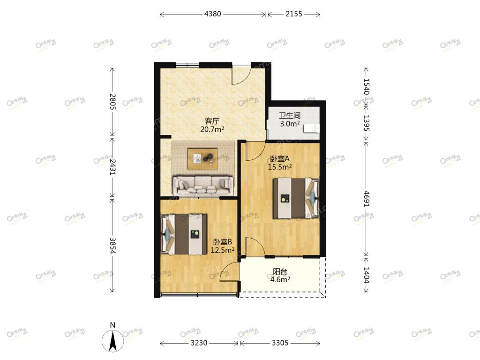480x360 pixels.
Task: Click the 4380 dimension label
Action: pyautogui.click(x=212, y=14)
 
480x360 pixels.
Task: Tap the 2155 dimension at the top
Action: pyautogui.click(x=294, y=14)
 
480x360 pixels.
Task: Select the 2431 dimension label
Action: pyautogui.click(x=112, y=166)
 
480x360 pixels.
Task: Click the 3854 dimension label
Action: pyautogui.click(x=112, y=246)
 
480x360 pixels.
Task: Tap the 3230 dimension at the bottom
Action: pyautogui.click(x=199, y=343)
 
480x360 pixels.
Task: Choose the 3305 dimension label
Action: pyautogui.click(x=280, y=343)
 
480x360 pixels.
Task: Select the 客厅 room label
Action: pyautogui.click(x=212, y=121)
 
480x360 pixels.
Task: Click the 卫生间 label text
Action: pyautogui.click(x=290, y=116)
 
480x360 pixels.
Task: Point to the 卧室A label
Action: pyautogui.click(x=280, y=159)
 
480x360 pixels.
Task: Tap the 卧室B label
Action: pyautogui.click(x=223, y=242)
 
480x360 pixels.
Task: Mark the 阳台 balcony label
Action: pyautogui.click(x=280, y=271)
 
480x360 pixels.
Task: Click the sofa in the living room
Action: pyautogui.click(x=203, y=186)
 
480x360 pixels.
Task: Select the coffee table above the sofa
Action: pyautogui.click(x=202, y=158)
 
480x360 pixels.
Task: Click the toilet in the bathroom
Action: pyautogui.click(x=312, y=128)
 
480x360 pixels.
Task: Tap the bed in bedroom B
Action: pyautogui.click(x=184, y=234)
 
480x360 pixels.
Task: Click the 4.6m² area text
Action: pyautogui.click(x=280, y=279)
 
